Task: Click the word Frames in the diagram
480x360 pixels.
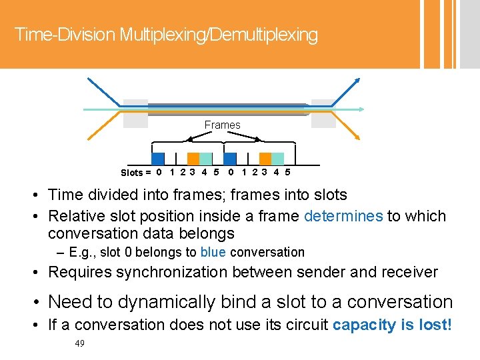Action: (222, 125)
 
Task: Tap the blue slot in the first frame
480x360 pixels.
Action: (157, 159)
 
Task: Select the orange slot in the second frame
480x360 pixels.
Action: (265, 159)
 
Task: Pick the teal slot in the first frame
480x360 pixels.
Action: (206, 159)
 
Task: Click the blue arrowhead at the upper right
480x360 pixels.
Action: (357, 81)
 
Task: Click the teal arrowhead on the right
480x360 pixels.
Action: (361, 109)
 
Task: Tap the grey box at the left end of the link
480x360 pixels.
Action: (135, 113)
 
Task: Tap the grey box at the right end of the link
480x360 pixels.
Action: (323, 113)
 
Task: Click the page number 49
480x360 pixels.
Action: (81, 343)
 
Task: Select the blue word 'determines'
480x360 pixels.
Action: (343, 216)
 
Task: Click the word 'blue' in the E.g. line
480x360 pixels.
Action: (213, 252)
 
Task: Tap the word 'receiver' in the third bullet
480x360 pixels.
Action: (409, 272)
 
